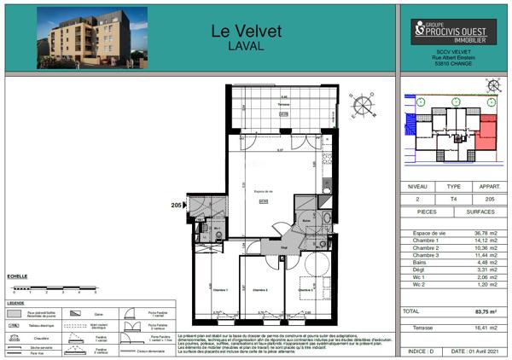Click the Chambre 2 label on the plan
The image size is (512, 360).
point(260,290)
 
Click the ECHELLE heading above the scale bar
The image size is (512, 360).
point(17,276)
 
